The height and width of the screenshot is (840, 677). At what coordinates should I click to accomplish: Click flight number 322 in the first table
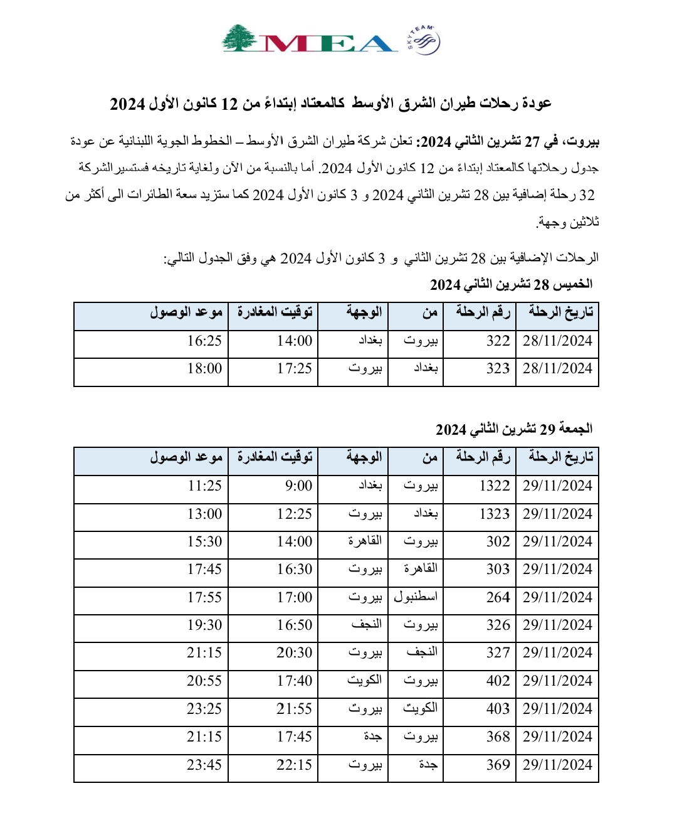click(x=498, y=341)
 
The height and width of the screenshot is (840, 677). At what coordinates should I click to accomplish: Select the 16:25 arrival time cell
click(x=204, y=341)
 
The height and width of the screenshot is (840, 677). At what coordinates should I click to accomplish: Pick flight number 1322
click(x=495, y=486)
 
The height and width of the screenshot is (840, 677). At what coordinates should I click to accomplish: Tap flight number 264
click(x=498, y=598)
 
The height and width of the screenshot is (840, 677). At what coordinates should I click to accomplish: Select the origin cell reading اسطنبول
click(x=416, y=597)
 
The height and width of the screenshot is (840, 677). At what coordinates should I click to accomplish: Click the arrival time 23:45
click(x=204, y=765)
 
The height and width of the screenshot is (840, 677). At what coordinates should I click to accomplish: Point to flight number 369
click(x=498, y=765)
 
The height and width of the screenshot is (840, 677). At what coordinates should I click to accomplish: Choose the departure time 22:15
click(x=295, y=765)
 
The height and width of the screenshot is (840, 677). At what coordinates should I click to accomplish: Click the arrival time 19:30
click(x=204, y=625)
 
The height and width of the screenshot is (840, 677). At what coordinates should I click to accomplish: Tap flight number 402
click(x=498, y=681)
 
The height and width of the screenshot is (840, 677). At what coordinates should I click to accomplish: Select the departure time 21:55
click(x=295, y=710)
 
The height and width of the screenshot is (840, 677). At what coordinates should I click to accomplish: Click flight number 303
click(x=498, y=570)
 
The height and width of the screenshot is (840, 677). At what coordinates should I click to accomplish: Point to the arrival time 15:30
click(x=204, y=542)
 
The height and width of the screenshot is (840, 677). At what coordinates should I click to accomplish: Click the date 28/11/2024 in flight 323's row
click(x=557, y=369)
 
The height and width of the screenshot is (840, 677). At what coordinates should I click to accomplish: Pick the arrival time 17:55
click(x=204, y=598)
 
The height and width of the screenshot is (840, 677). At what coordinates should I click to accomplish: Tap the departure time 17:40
click(x=295, y=681)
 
